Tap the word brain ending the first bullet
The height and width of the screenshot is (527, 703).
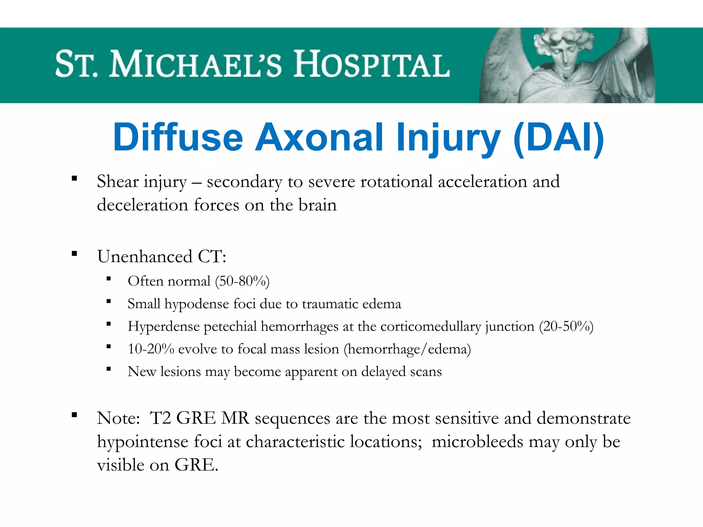pyautogui.click(x=318, y=205)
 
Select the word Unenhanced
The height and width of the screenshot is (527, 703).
pyautogui.click(x=145, y=257)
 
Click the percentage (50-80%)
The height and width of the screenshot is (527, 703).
pyautogui.click(x=242, y=281)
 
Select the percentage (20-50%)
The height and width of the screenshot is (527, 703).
pyautogui.click(x=566, y=326)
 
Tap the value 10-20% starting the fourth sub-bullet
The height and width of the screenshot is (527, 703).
pyautogui.click(x=151, y=349)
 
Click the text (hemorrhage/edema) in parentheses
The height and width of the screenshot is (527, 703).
pyautogui.click(x=407, y=349)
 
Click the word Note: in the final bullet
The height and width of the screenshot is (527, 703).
pyautogui.click(x=118, y=418)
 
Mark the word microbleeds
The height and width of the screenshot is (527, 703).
pyautogui.click(x=477, y=442)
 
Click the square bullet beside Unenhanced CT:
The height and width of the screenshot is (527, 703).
pyautogui.click(x=74, y=254)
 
